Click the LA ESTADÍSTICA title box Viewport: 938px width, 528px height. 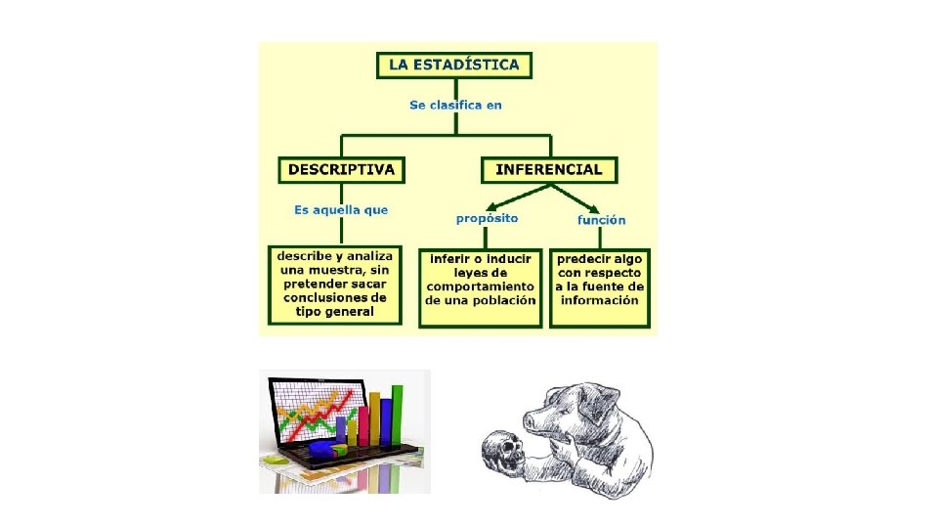coord(455,66)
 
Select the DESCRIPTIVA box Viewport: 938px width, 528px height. coord(340,169)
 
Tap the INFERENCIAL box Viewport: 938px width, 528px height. coord(549,169)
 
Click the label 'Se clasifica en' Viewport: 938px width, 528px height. coord(455,105)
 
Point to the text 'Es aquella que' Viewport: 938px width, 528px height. coord(341,210)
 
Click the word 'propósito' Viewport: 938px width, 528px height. coord(487,218)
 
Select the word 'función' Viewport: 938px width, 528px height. coord(601,220)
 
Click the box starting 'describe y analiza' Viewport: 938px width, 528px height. coord(336,284)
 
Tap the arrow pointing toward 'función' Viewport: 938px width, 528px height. coord(583,202)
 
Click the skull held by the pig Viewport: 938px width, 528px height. coord(501,451)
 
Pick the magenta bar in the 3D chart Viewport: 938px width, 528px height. coord(363,426)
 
